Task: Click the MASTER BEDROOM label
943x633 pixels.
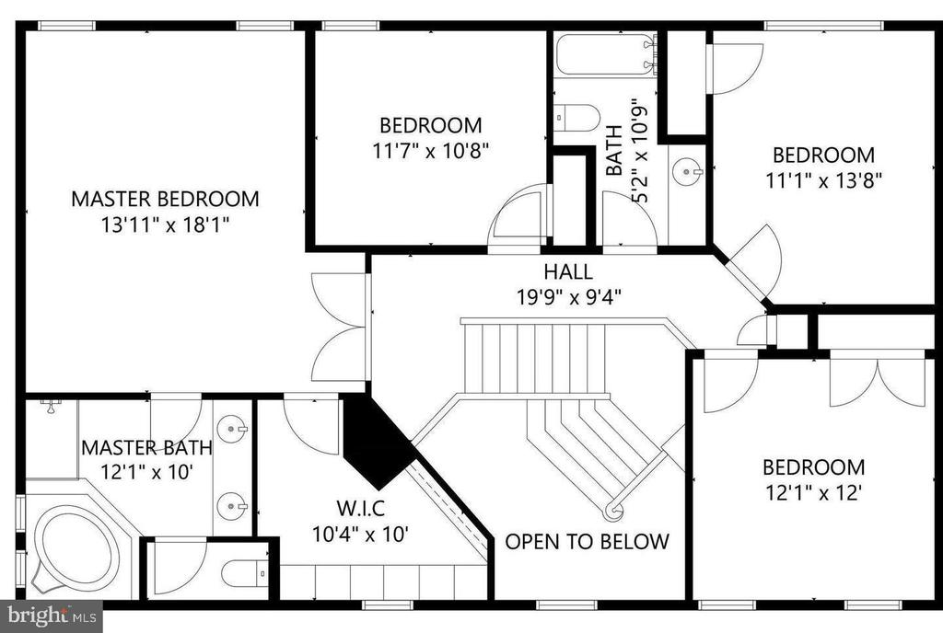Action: click(x=166, y=199)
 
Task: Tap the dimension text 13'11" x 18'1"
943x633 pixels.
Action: click(x=166, y=225)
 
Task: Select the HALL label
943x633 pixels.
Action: click(x=568, y=271)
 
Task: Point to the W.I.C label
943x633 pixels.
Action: click(x=360, y=509)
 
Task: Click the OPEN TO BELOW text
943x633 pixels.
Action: click(x=587, y=542)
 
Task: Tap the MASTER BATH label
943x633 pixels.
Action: click(x=146, y=447)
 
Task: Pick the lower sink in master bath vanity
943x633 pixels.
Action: click(x=232, y=506)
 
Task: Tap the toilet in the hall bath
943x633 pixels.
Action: click(x=576, y=117)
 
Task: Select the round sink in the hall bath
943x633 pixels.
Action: click(x=687, y=172)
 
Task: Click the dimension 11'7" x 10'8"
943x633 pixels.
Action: click(x=431, y=150)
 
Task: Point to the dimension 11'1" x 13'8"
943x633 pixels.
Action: click(x=824, y=180)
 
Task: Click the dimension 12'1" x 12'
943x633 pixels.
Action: click(x=814, y=493)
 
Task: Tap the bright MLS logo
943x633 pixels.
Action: click(x=52, y=616)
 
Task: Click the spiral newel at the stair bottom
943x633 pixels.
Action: click(x=613, y=511)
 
